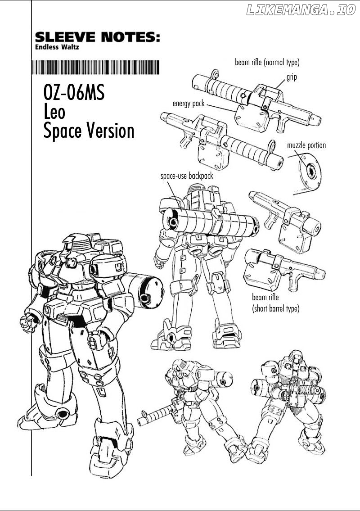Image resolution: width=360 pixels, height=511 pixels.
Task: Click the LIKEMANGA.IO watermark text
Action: tap(301, 10)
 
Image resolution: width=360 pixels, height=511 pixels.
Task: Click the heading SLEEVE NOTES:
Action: tap(97, 37)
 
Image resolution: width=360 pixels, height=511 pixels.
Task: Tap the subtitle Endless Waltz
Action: tap(57, 47)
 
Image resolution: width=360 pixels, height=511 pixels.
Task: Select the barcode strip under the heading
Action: tap(95, 67)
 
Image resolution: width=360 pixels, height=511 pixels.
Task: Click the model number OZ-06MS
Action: tap(74, 92)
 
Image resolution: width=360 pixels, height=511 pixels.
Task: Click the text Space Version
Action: tap(89, 131)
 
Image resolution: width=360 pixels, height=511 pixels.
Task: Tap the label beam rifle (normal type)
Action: tap(267, 62)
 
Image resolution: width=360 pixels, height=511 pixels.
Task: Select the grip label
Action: tap(292, 77)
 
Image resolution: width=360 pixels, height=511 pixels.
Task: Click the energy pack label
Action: tap(188, 104)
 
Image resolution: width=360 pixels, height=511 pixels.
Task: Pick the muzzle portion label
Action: tap(306, 145)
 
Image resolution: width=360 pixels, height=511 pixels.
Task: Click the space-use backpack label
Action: tap(187, 176)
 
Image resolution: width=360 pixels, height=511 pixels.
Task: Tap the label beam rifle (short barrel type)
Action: tap(275, 303)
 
